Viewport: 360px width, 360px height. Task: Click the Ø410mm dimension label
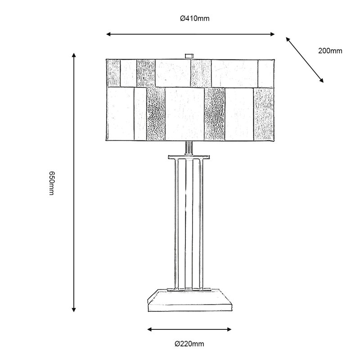(195, 18)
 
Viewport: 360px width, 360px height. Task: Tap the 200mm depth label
(330, 51)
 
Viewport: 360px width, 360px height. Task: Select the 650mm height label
(51, 183)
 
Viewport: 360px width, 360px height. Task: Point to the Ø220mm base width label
(189, 344)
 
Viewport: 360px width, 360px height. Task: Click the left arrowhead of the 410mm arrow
(108, 34)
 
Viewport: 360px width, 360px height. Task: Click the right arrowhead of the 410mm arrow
(273, 34)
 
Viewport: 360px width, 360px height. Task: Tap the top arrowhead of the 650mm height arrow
(74, 55)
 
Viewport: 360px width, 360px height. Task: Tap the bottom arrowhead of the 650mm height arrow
(74, 310)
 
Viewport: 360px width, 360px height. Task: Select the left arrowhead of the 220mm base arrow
(149, 329)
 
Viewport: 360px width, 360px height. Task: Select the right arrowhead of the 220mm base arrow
(229, 329)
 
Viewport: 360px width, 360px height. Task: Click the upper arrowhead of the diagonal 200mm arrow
(288, 39)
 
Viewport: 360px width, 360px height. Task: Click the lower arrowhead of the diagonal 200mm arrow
(322, 81)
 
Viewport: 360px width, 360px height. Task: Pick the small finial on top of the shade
(189, 56)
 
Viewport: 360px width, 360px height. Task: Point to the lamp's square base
(189, 301)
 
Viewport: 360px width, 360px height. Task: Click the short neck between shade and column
(189, 148)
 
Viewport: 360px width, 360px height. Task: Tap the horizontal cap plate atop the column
(189, 157)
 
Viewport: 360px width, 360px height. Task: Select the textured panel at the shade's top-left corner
(113, 73)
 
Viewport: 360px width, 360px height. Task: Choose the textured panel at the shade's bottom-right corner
(264, 114)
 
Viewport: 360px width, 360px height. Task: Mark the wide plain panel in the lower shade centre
(184, 114)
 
